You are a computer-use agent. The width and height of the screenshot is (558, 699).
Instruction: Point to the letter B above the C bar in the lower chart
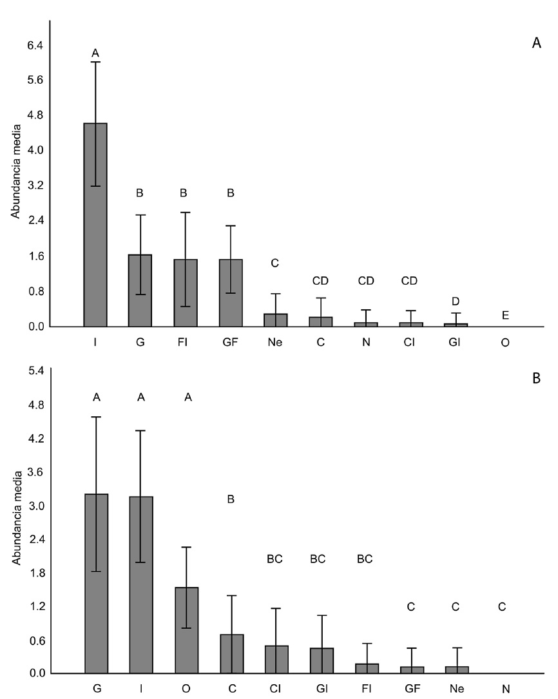(231, 499)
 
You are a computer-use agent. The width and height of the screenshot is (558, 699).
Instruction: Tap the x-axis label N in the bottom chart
(506, 689)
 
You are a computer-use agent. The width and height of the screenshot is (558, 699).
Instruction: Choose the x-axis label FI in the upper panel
(186, 343)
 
